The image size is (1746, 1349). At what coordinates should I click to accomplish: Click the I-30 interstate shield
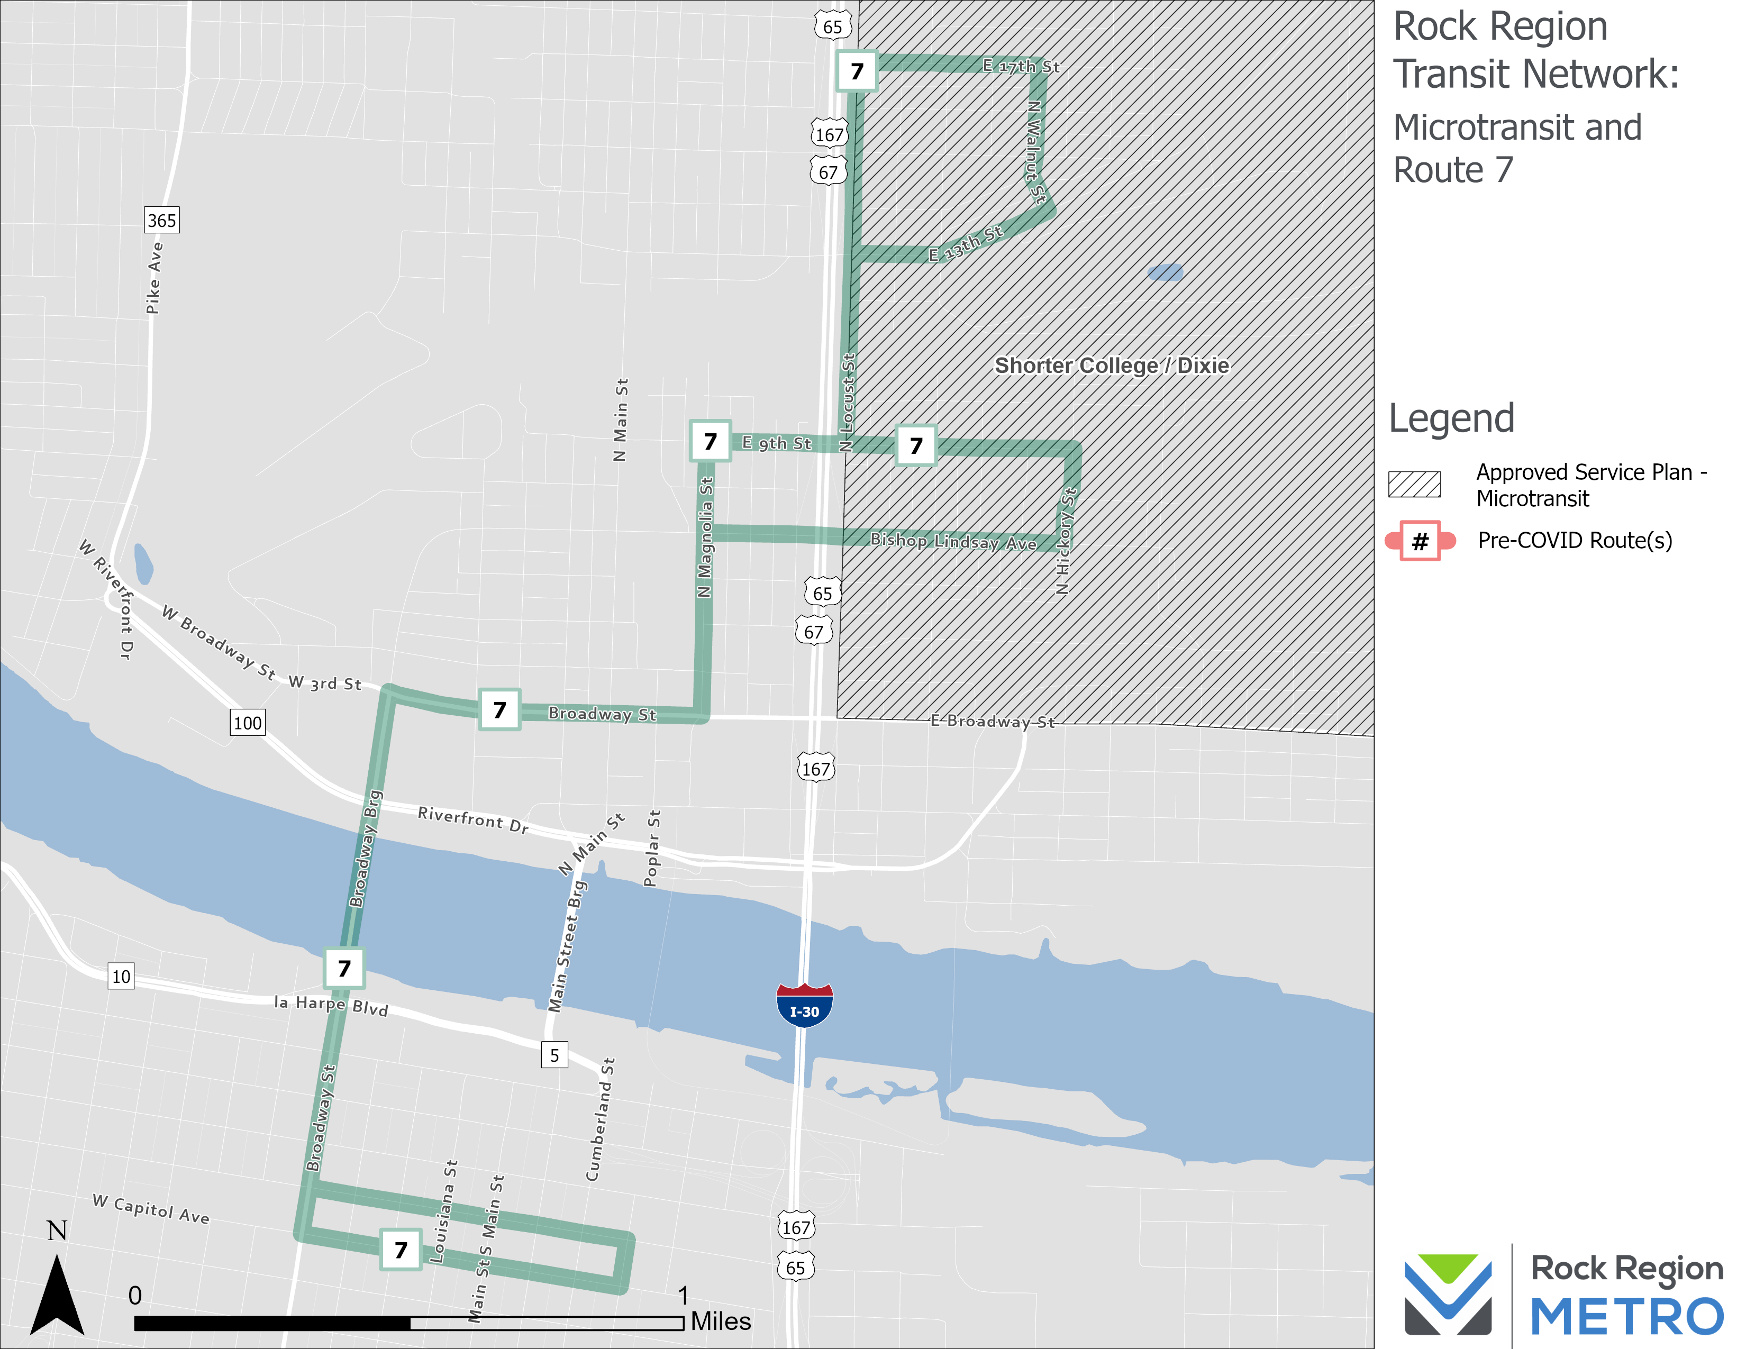804,1005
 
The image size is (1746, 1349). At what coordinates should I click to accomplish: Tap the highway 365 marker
161,221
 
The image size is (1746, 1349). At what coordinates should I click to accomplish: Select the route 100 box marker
247,723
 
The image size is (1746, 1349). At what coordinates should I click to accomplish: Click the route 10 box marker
121,976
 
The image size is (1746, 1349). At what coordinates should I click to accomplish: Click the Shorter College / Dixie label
1111,366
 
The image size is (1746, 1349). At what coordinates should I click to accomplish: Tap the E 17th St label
1021,66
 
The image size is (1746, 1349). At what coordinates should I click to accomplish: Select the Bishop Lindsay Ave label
953,542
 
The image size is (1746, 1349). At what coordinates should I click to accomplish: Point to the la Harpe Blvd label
331,1005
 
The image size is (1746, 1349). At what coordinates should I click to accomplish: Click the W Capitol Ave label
151,1209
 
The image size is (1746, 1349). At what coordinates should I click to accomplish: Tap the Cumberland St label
601,1119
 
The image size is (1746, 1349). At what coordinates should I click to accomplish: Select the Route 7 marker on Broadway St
499,709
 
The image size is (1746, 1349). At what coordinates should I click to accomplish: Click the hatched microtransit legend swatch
1414,484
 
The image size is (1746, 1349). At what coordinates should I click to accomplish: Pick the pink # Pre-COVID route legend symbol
1420,541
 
